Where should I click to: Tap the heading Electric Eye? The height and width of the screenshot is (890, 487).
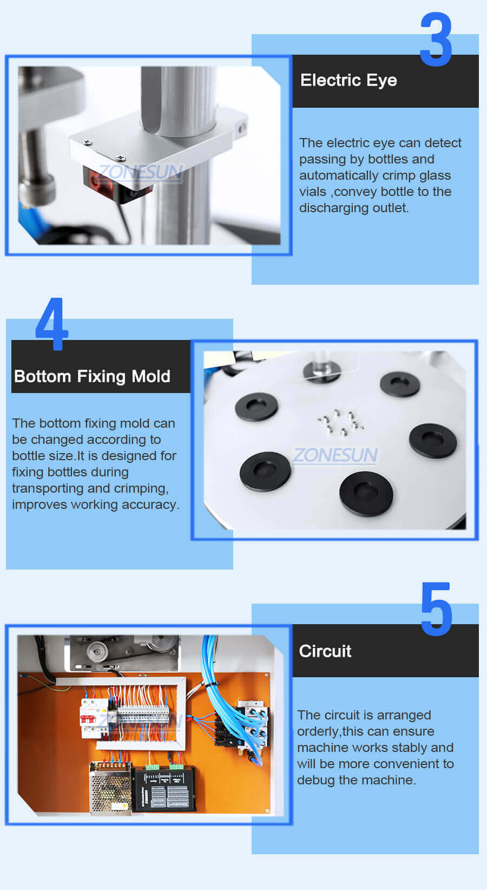point(348,80)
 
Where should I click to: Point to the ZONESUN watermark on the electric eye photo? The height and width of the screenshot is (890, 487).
point(141,172)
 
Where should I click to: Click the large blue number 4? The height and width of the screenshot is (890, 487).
point(52,324)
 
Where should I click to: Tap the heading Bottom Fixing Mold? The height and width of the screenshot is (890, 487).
point(92,376)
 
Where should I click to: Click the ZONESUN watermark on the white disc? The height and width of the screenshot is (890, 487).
point(335,455)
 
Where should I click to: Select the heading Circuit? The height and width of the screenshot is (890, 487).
point(325,651)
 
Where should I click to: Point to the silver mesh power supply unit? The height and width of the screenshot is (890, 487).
point(111,788)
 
